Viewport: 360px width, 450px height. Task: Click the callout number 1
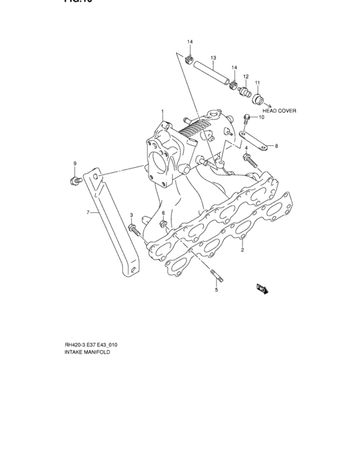[163, 113]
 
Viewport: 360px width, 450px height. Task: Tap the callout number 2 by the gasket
[242, 250]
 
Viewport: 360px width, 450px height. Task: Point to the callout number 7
[89, 211]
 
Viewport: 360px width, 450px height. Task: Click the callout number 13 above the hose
[213, 57]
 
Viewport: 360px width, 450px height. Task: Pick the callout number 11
[257, 83]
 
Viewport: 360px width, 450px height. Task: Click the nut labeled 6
[163, 225]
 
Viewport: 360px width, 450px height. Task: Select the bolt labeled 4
[249, 160]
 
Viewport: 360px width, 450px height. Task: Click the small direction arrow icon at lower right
[260, 289]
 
